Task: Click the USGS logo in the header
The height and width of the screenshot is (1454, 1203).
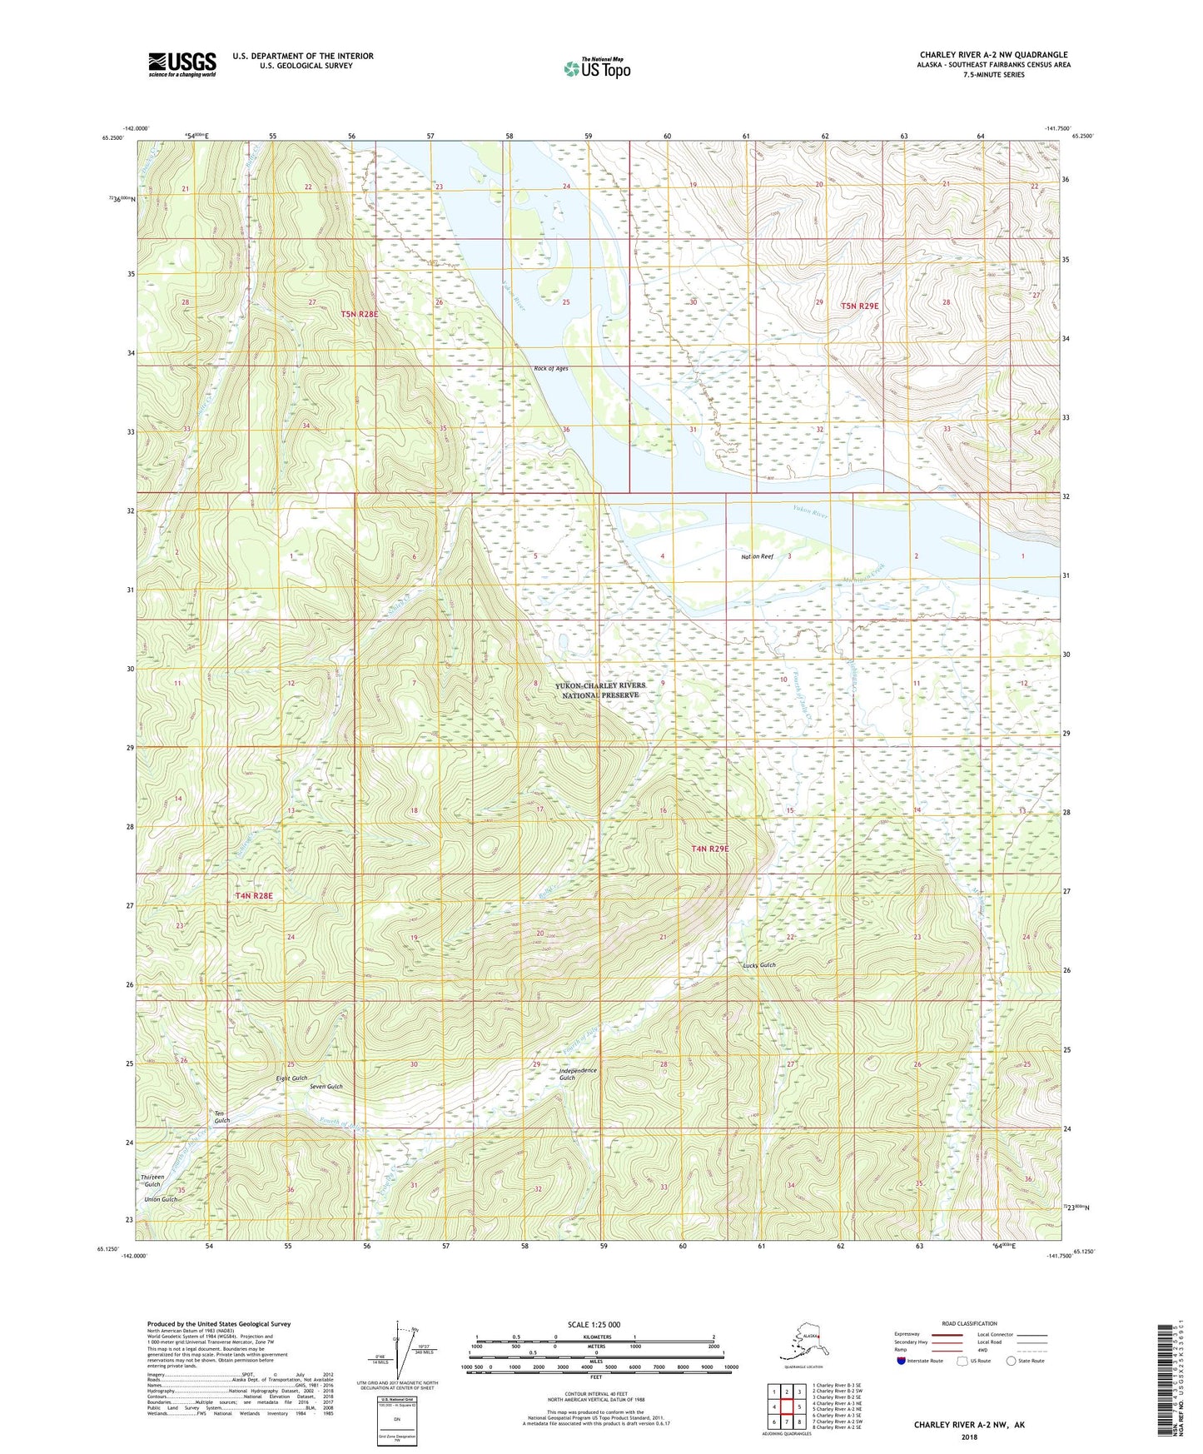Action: click(181, 64)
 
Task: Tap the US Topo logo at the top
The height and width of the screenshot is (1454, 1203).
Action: click(596, 68)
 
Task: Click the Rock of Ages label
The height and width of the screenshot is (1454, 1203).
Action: click(550, 368)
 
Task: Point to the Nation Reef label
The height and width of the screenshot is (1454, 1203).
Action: click(758, 556)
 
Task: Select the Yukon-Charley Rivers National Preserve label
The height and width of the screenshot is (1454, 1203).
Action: click(599, 690)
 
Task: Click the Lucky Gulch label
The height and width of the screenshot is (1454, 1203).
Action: click(758, 965)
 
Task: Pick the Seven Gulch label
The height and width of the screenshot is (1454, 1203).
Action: click(326, 1087)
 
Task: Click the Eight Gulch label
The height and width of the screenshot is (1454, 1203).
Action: click(291, 1078)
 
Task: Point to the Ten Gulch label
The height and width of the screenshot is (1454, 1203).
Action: click(221, 1117)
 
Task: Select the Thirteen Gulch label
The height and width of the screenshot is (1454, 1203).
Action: click(152, 1181)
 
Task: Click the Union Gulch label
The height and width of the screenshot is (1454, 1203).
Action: click(161, 1199)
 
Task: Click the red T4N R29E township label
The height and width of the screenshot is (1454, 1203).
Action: click(709, 849)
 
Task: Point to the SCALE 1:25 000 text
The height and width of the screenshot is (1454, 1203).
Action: click(594, 1325)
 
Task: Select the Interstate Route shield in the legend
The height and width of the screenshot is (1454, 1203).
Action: click(902, 1361)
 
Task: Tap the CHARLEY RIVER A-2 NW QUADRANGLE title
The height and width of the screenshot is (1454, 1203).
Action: click(993, 55)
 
